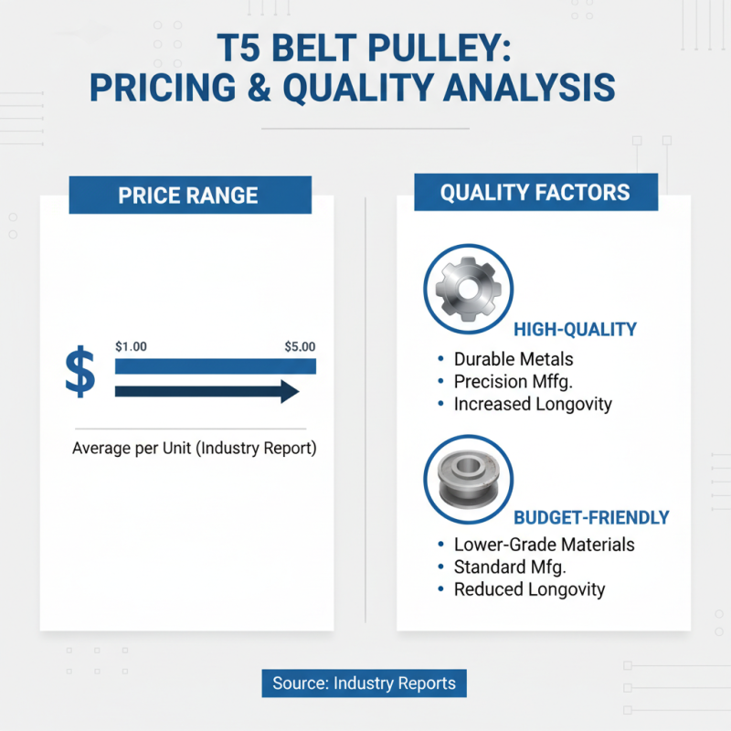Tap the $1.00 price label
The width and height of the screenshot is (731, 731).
[132, 347]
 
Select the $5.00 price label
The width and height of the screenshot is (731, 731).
[300, 347]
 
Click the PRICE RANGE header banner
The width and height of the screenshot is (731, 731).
[189, 195]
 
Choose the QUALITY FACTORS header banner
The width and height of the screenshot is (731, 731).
[535, 192]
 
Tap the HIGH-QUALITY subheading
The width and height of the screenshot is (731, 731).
[575, 329]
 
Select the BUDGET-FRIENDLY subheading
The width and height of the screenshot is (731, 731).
[590, 517]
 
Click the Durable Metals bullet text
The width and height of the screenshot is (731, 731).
[514, 359]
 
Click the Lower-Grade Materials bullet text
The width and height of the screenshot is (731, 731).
[544, 545]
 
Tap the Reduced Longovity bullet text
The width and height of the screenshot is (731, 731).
[529, 589]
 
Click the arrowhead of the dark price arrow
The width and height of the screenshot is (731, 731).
[290, 392]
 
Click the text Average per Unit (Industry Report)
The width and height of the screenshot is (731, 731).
[194, 449]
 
